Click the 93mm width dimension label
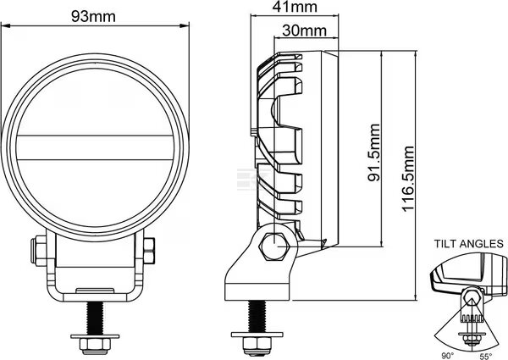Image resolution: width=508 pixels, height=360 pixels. coord(93,16)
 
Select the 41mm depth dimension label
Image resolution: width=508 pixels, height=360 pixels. coord(295,7)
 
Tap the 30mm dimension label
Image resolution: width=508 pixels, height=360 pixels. coord(304,30)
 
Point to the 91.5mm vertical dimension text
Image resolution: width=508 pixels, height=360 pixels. coord(374,152)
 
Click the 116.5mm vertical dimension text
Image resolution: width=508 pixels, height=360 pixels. coord(408,179)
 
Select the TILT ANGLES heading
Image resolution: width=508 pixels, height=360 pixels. coord(469,243)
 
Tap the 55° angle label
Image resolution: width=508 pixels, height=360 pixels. coord(486,356)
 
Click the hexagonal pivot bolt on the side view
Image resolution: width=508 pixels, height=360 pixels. coord(274,246)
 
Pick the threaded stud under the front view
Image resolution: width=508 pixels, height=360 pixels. coord(95,318)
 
